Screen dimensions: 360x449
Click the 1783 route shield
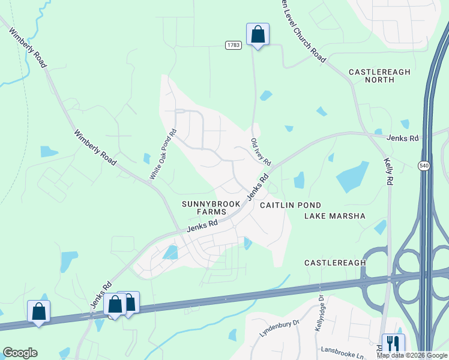click(x=234, y=46)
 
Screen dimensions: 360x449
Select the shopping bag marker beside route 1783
click(x=258, y=34)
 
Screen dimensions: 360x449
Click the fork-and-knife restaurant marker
click(x=393, y=344)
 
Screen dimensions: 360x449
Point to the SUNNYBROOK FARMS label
click(x=211, y=208)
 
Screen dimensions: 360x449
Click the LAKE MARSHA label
click(x=335, y=215)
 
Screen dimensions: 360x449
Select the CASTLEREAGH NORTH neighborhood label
click(x=379, y=76)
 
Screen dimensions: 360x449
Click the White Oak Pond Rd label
click(x=163, y=154)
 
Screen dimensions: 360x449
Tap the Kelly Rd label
click(x=389, y=172)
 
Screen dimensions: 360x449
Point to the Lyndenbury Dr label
click(x=280, y=330)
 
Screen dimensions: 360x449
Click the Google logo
click(x=20, y=353)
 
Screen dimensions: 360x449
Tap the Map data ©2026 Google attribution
click(x=412, y=355)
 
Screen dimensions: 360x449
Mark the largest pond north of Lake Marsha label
click(x=352, y=177)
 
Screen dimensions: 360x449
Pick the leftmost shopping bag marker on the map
click(x=39, y=311)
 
